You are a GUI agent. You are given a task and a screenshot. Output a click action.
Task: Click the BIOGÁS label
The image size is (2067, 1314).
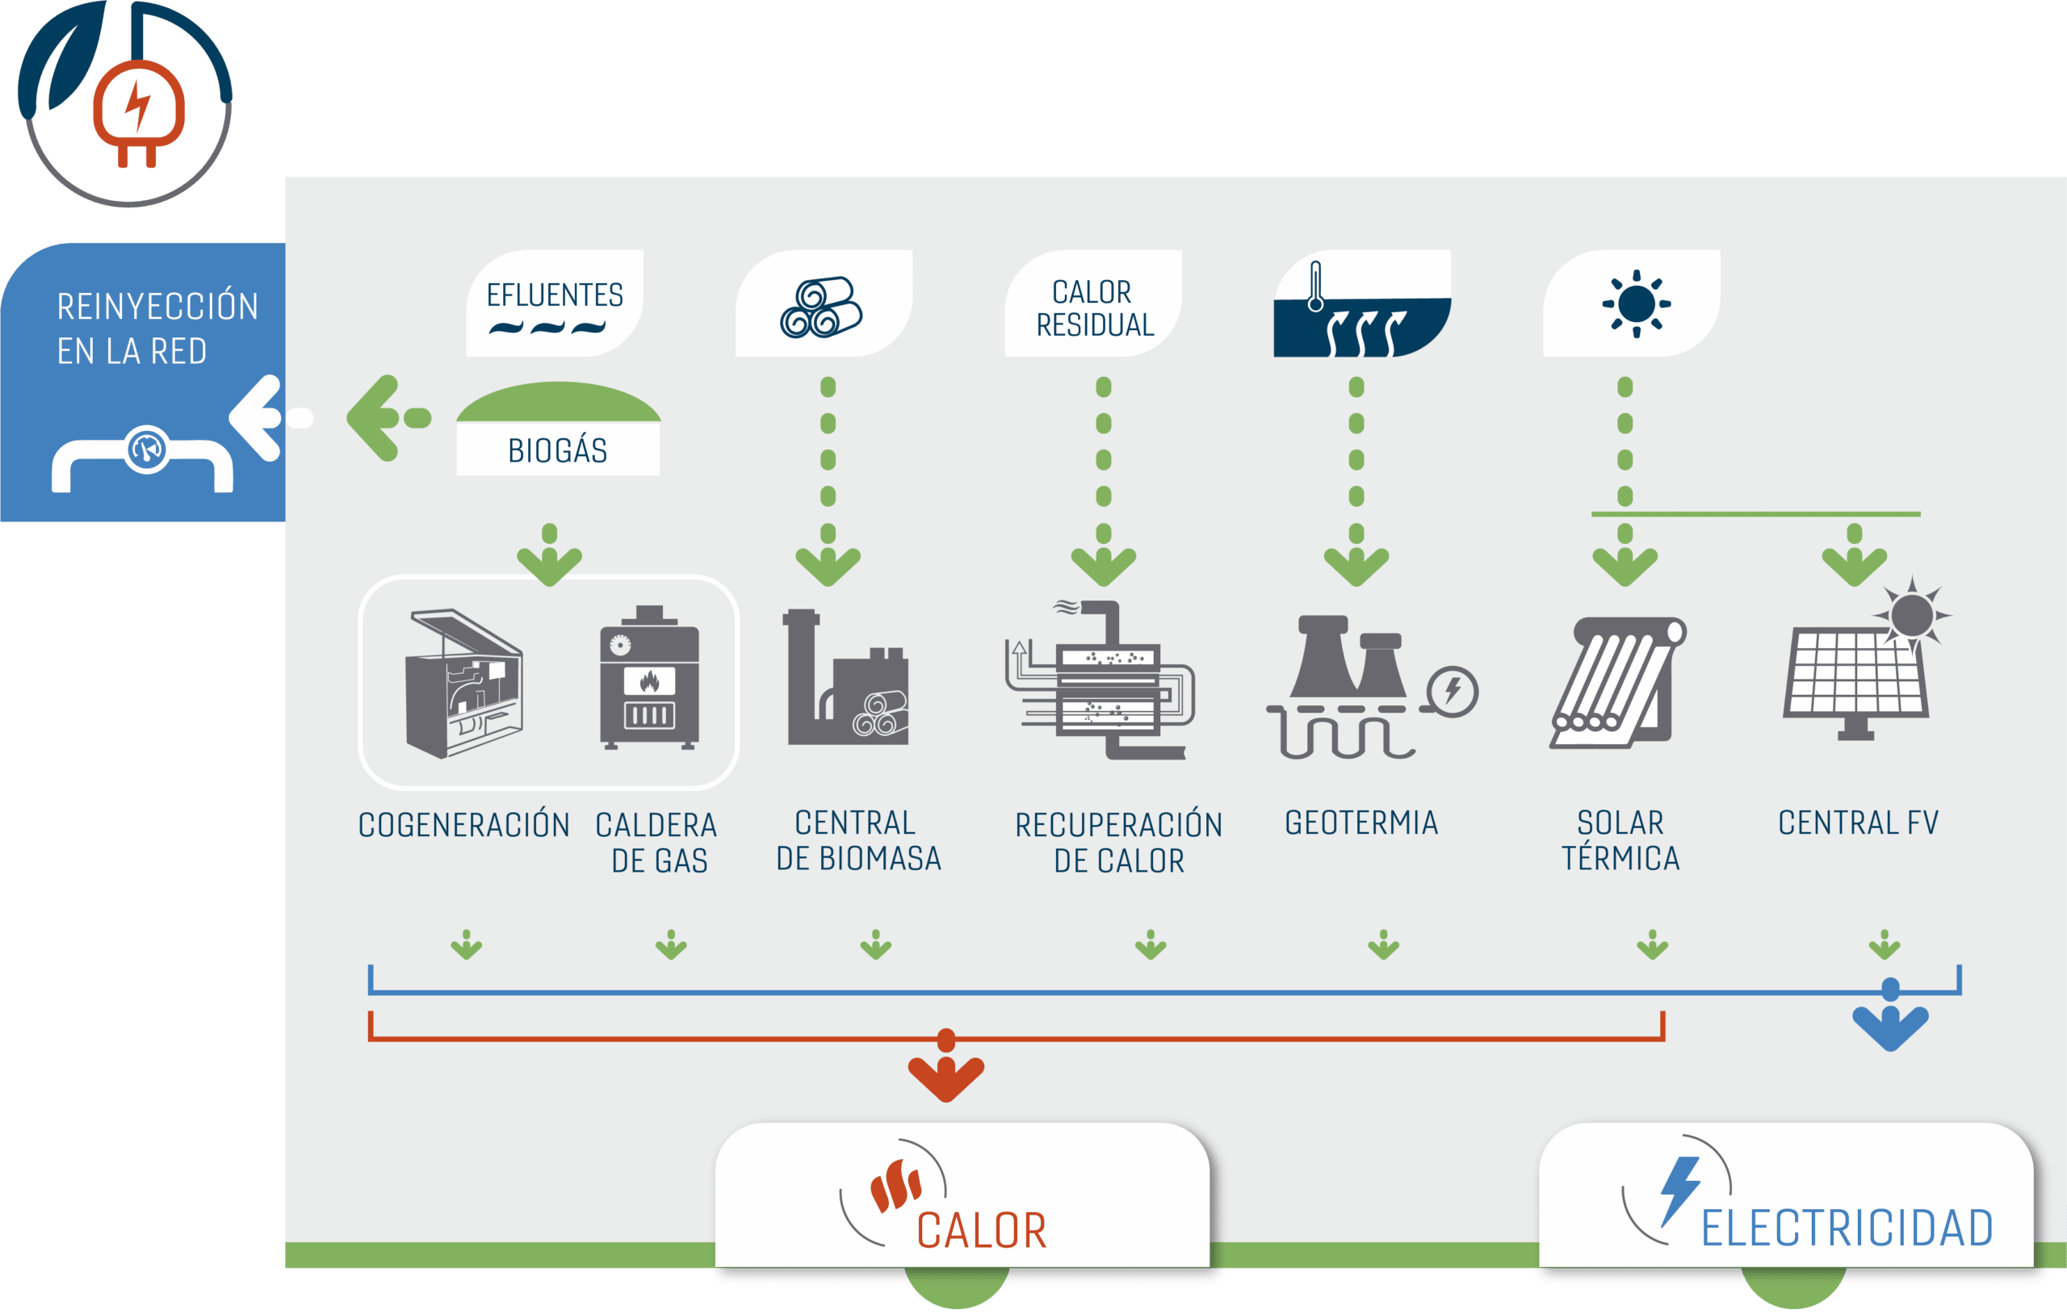(558, 450)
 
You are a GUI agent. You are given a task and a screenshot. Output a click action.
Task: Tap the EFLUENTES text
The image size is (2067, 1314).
(555, 295)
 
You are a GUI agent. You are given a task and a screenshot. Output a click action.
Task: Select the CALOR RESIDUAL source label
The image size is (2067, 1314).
(1094, 308)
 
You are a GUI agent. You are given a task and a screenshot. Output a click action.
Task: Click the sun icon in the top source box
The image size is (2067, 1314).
(1636, 303)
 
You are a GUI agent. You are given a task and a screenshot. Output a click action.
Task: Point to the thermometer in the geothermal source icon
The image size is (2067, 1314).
(1315, 287)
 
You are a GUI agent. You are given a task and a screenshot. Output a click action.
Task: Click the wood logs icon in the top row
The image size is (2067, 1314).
(821, 307)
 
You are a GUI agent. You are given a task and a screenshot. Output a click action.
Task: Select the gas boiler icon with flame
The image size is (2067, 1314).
(650, 678)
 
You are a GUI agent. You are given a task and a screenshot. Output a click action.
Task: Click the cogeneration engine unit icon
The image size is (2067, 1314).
(463, 683)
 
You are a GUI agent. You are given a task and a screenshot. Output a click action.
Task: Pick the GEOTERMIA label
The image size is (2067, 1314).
(1361, 822)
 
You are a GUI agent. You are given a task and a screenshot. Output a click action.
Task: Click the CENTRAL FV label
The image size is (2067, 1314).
(1859, 822)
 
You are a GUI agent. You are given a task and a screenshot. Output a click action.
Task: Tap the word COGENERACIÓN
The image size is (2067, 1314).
(463, 824)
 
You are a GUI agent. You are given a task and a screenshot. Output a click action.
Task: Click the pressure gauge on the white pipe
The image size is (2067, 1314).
(147, 449)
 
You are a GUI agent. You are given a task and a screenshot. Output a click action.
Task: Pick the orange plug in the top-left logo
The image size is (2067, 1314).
(138, 112)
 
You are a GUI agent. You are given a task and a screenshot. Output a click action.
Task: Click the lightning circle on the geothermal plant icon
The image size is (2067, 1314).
(1453, 692)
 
